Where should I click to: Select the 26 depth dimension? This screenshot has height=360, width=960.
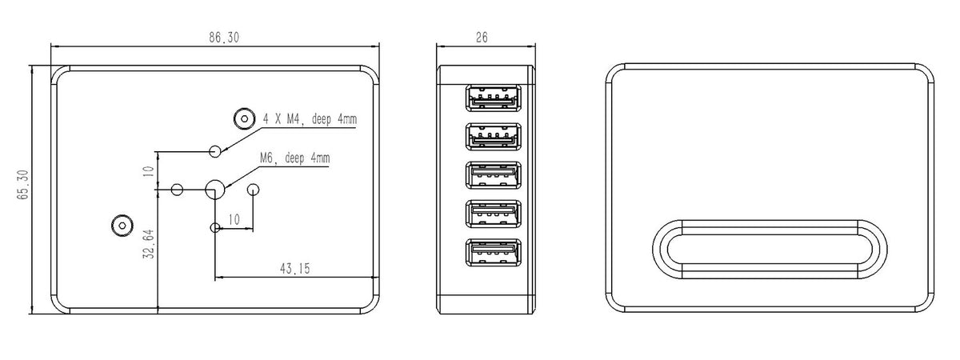pos(482,37)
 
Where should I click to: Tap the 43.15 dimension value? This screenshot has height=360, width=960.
pos(295,269)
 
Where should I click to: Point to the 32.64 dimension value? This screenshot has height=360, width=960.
pos(150,246)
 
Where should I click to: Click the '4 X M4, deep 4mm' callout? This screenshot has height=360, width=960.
pos(310,120)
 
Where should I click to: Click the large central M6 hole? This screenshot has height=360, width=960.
pos(214,190)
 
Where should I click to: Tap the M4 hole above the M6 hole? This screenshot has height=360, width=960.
pos(214,151)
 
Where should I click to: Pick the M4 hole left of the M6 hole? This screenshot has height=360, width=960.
pos(178,190)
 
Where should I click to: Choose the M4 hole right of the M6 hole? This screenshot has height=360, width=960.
pos(254,190)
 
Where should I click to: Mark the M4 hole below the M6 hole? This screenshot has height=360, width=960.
pos(214,228)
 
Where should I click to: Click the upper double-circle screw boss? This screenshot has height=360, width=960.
pos(242,119)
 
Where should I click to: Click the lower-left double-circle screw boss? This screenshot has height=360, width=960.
pos(122,226)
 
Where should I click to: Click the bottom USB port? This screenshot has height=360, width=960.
pos(491,253)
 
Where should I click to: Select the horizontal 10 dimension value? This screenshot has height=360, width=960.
pos(234,219)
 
